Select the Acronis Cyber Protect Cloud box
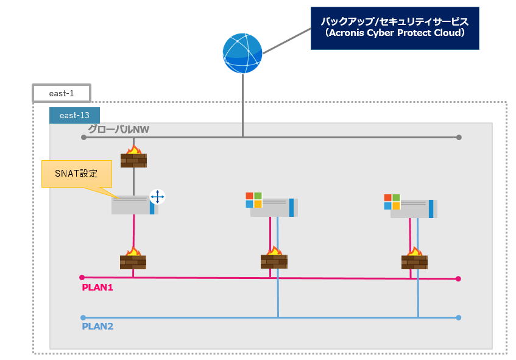[x=394, y=28]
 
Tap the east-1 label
[x=61, y=93]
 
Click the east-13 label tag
[x=74, y=115]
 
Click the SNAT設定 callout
[x=77, y=174]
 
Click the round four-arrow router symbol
[x=157, y=197]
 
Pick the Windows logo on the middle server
[x=253, y=200]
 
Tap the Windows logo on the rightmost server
[x=392, y=202]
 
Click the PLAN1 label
[x=97, y=287]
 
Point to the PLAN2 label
[x=97, y=326]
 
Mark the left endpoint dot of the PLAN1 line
[x=82, y=278]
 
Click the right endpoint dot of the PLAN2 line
[x=458, y=317]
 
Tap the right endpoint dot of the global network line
[x=459, y=137]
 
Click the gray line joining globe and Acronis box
[x=286, y=39]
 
